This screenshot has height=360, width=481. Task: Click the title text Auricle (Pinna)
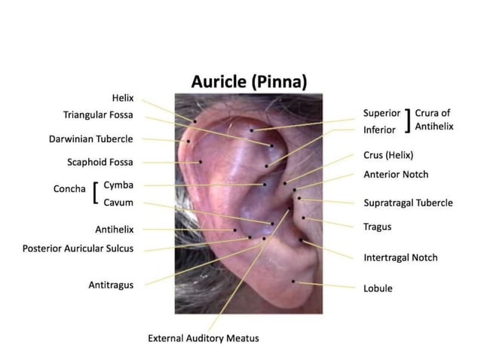click(x=249, y=81)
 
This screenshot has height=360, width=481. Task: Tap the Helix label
click(x=122, y=98)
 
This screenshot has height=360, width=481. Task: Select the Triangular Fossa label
click(x=98, y=115)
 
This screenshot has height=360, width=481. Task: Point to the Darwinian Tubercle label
click(x=91, y=139)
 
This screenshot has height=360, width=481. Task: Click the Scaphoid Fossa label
click(x=100, y=162)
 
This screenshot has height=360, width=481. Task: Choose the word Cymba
click(x=118, y=185)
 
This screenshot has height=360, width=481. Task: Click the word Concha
click(x=69, y=189)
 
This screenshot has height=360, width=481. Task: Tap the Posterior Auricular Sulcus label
click(x=78, y=247)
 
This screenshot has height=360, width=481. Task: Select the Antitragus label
click(x=111, y=285)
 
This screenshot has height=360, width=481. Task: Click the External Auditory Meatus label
click(x=203, y=338)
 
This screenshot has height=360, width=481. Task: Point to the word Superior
click(x=381, y=114)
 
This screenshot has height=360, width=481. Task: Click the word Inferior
click(x=379, y=130)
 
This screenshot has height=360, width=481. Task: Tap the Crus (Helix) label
click(x=388, y=155)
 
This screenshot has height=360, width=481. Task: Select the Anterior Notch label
click(x=396, y=174)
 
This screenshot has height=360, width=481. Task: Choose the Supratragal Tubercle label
click(x=408, y=203)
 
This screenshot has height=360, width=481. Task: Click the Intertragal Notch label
click(x=400, y=258)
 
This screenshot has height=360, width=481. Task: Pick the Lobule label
click(x=378, y=288)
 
